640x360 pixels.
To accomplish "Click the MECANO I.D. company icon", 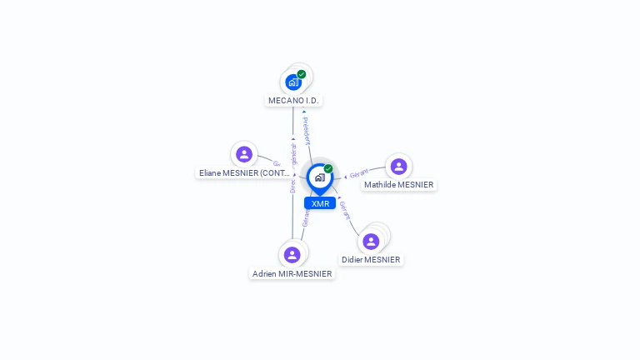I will [x=293, y=82].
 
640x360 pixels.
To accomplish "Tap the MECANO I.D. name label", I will [x=293, y=100].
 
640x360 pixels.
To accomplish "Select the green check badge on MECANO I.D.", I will [x=302, y=74].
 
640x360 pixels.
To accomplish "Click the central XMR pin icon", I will [x=320, y=177].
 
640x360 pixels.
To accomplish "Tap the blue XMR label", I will [x=320, y=203].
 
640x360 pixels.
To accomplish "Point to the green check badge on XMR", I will [x=328, y=168].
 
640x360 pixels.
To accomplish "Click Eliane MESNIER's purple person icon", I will [x=244, y=154].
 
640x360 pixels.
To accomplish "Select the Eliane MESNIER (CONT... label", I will [x=245, y=173].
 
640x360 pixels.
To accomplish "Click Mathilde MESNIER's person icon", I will [x=398, y=166].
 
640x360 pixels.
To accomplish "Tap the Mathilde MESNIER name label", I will [x=398, y=185].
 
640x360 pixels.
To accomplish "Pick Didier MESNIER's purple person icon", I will [x=371, y=241].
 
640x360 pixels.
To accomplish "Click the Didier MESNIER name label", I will [x=371, y=260].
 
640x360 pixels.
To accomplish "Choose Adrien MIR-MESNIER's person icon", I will [x=292, y=254].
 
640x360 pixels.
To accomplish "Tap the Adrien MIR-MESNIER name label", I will [x=292, y=274].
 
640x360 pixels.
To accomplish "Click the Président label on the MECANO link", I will [x=307, y=131].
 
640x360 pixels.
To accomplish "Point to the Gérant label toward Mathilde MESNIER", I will [x=359, y=174].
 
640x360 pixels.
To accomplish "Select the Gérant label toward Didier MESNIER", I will [x=344, y=210].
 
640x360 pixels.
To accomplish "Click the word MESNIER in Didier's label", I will [x=382, y=260].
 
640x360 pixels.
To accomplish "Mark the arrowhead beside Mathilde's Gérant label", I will [x=346, y=177].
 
